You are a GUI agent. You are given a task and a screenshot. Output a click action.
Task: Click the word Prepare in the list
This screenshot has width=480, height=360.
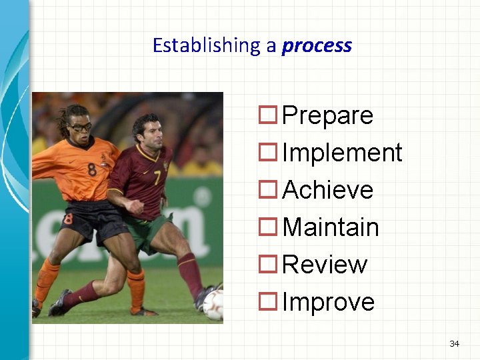coord(327,116)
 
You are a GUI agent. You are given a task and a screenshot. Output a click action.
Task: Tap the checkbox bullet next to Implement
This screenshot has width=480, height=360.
coord(269,153)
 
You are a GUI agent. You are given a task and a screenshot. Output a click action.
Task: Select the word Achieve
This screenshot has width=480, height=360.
coord(327,190)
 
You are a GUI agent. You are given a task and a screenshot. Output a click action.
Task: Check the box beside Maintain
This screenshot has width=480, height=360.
coord(269,228)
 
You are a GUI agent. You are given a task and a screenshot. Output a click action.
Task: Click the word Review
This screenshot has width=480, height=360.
coord(325,265)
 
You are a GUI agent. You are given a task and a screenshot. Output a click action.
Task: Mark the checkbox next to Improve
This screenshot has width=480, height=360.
coord(269,303)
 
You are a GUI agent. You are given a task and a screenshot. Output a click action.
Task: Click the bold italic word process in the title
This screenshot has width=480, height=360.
coord(317,46)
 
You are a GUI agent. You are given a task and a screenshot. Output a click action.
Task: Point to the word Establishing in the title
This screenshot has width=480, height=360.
coord(206,46)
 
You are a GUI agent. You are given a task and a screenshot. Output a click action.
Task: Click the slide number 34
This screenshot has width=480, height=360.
coord(455,343)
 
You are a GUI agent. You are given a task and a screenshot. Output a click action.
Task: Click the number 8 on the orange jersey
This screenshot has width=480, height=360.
coord(91,169)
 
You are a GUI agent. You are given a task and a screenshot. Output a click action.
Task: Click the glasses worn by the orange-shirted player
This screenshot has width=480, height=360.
coord(81,127)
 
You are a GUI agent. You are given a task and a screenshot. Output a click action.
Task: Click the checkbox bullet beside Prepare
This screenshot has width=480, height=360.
coord(269,116)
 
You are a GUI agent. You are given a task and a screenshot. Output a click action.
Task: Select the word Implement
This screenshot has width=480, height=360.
coord(342,153)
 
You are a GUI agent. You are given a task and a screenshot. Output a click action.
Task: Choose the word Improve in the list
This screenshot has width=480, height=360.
coord(328,303)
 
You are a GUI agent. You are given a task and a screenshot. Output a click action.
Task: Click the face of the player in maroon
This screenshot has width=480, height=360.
coord(147,133)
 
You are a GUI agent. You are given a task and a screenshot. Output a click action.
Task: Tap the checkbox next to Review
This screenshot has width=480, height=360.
coord(269,265)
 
